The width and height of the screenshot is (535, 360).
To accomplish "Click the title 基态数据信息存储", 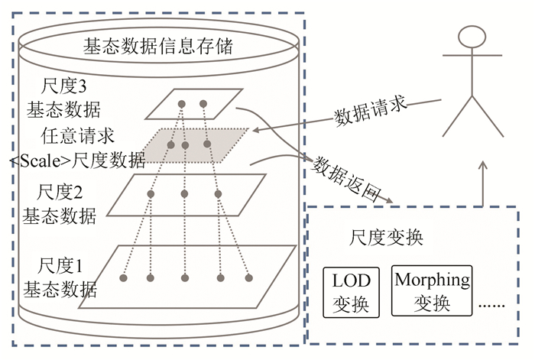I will pyautogui.click(x=157, y=48).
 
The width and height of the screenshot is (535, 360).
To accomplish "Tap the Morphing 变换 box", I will pyautogui.click(x=432, y=291).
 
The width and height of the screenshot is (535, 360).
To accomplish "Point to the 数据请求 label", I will pyautogui.click(x=368, y=113).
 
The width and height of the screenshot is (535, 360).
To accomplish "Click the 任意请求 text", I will pyautogui.click(x=79, y=136).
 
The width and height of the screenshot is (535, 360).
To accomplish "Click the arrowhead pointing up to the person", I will pyautogui.click(x=481, y=165).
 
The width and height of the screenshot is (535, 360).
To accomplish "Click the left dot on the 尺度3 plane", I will pyautogui.click(x=182, y=103).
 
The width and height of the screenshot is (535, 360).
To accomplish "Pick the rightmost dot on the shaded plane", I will pyautogui.click(x=207, y=143).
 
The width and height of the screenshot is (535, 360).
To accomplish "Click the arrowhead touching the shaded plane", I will pyautogui.click(x=255, y=131).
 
